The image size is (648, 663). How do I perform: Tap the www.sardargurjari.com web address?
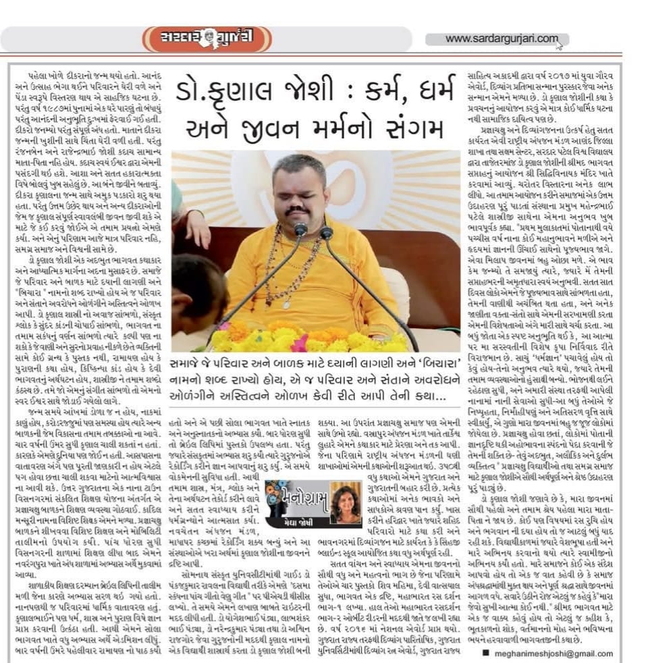[502, 39]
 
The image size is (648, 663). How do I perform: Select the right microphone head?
[327, 234]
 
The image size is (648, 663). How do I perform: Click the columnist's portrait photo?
[345, 502]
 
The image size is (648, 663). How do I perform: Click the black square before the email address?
[485, 654]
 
